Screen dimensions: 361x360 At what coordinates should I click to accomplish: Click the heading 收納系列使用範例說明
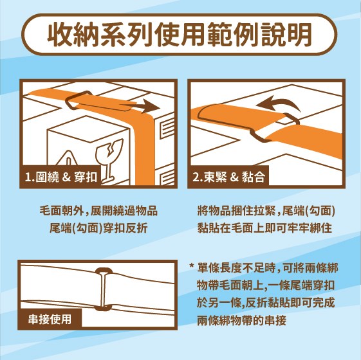point(180,35)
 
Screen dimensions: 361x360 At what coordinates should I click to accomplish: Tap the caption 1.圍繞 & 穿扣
point(61,177)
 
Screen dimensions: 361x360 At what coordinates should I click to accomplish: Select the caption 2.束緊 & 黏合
point(229,177)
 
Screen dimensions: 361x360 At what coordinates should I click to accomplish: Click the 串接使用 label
point(50,319)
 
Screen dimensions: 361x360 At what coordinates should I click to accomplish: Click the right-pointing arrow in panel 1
point(143,107)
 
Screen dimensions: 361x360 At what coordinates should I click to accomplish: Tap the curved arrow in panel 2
point(278,103)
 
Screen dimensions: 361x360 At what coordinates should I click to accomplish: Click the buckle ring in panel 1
point(79,100)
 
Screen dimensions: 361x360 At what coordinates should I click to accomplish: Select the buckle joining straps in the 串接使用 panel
point(103,289)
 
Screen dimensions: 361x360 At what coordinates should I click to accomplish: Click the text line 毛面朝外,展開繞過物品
point(98,211)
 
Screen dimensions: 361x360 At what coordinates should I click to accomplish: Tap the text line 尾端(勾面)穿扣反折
point(98,228)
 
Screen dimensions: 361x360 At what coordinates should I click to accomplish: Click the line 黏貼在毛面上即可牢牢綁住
point(264,228)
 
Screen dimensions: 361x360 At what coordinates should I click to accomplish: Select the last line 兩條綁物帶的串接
point(241,320)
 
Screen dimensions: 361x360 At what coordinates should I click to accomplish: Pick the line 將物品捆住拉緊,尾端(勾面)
point(266,211)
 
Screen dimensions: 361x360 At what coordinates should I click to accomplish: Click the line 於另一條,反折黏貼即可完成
point(266,303)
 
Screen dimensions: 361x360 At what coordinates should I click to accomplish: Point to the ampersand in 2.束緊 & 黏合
point(234,177)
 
